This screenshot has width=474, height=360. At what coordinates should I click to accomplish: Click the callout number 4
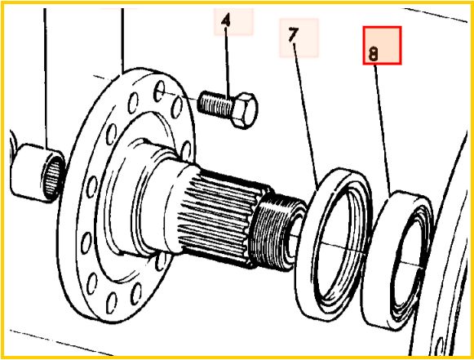pyautogui.click(x=226, y=20)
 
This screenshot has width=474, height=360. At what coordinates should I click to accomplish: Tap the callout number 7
pyautogui.click(x=293, y=34)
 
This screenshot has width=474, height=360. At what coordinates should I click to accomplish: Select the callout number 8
pyautogui.click(x=374, y=55)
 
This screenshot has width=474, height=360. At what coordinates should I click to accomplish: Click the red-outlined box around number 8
pyautogui.click(x=382, y=46)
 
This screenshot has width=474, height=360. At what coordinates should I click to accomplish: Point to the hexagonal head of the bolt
pyautogui.click(x=244, y=110)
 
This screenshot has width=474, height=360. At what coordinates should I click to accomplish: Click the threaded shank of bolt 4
pyautogui.click(x=215, y=104)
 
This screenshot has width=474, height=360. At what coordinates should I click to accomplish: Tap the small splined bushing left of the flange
pyautogui.click(x=38, y=173)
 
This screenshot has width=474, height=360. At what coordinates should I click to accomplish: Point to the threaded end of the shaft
pyautogui.click(x=277, y=232)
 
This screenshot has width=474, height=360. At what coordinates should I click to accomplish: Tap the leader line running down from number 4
pyautogui.click(x=227, y=63)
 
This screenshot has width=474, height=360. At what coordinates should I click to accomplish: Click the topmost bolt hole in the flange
pyautogui.click(x=159, y=91)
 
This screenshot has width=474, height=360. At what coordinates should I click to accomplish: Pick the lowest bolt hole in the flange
pyautogui.click(x=112, y=303)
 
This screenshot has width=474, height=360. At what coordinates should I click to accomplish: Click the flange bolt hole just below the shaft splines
pyautogui.click(x=160, y=261)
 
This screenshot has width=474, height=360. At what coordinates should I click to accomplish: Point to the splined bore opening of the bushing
pyautogui.click(x=54, y=179)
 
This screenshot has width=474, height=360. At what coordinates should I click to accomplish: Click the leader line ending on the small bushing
pyautogui.click(x=46, y=78)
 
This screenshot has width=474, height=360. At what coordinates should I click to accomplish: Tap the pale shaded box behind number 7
pyautogui.click(x=299, y=38)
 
